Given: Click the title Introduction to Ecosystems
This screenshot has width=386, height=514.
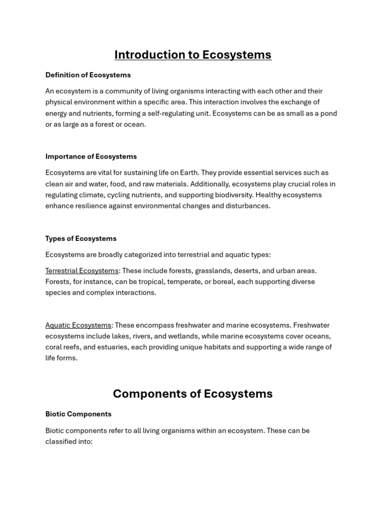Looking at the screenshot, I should click(193, 55).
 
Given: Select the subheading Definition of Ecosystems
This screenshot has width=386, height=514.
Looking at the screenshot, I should click(88, 75).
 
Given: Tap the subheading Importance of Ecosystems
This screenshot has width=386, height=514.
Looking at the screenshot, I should click(91, 157).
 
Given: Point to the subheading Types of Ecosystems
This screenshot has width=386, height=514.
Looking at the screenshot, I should click(81, 238).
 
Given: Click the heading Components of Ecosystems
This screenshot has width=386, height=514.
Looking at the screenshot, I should click(192, 394).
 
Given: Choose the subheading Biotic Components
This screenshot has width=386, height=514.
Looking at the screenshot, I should click(78, 414).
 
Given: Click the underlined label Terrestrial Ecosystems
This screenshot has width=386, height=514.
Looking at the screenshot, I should click(82, 271).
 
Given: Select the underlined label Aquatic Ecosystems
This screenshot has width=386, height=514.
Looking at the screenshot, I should click(78, 325).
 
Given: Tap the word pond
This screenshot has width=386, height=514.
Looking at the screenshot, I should click(328, 113).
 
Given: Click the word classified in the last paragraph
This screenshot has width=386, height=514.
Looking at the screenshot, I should click(62, 442).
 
